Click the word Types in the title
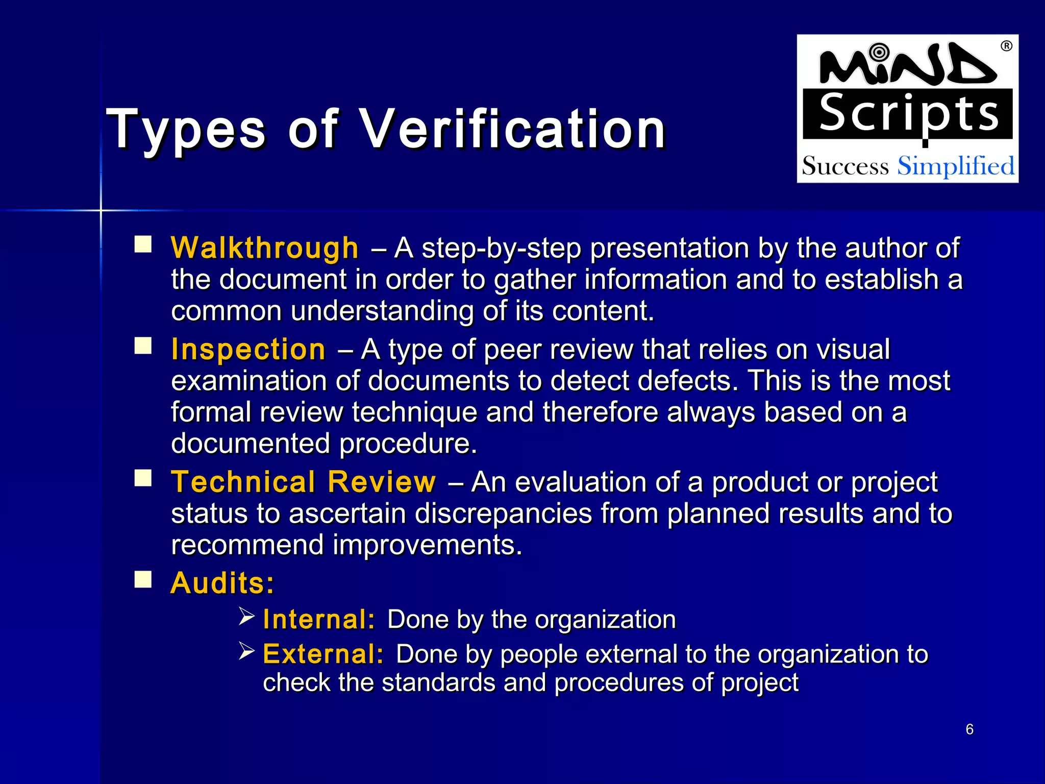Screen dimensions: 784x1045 (x=186, y=130)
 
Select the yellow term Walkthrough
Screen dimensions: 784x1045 (x=265, y=248)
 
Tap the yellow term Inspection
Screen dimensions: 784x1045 (x=248, y=350)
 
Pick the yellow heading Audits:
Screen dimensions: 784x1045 (x=222, y=583)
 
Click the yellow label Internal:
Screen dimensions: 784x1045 (x=319, y=620)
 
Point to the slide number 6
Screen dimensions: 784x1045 (x=969, y=729)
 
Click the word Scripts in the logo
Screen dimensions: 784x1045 (x=908, y=114)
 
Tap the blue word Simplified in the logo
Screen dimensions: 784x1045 (x=956, y=166)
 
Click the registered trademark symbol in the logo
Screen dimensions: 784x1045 (x=1006, y=46)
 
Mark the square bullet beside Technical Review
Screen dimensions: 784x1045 (x=143, y=478)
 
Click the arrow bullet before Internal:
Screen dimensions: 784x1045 (x=247, y=617)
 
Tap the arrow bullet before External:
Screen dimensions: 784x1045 (x=247, y=651)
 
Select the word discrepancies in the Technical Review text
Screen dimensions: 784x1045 (x=503, y=513)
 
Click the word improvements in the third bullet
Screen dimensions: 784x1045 (x=428, y=545)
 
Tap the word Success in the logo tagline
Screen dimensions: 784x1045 (x=845, y=166)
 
